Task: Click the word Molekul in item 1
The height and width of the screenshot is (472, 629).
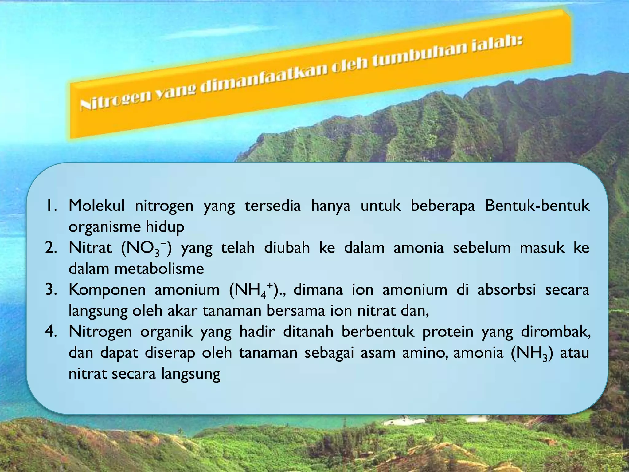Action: tap(96, 206)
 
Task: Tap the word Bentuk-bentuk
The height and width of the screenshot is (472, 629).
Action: tap(537, 206)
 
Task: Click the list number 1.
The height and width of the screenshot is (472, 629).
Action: tap(50, 206)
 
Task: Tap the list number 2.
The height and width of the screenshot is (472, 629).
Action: tap(50, 248)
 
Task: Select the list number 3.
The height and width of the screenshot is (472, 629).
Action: tap(50, 290)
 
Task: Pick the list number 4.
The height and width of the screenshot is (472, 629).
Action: tap(50, 332)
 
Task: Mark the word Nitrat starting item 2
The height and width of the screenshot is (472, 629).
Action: tap(90, 248)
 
